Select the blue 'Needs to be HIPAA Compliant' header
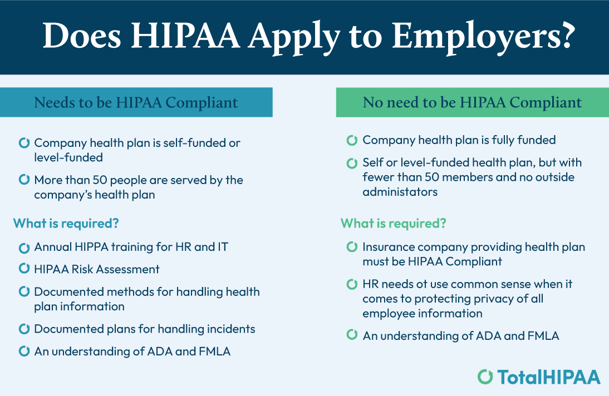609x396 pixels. (x=136, y=102)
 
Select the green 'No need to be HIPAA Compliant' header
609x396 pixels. (x=472, y=102)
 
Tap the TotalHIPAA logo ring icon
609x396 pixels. (x=485, y=377)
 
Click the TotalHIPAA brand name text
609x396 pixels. (x=549, y=377)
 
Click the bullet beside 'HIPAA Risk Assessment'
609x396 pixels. (x=24, y=269)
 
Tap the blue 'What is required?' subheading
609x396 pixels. (x=66, y=224)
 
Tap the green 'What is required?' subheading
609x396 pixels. (x=393, y=224)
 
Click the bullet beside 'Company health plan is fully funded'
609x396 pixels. (x=352, y=140)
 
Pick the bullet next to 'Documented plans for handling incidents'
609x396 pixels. (x=24, y=329)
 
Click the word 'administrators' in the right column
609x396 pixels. (x=400, y=192)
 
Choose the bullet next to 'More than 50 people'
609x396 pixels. (x=24, y=180)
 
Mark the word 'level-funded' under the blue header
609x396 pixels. (x=68, y=157)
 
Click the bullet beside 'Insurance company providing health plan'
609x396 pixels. (x=352, y=246)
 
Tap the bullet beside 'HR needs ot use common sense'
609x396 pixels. (x=352, y=284)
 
